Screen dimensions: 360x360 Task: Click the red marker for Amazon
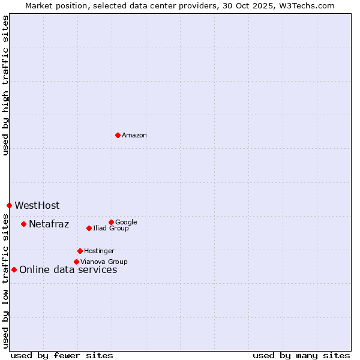click(x=118, y=135)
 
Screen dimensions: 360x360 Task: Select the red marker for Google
click(x=111, y=222)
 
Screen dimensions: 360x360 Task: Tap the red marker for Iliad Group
click(x=89, y=228)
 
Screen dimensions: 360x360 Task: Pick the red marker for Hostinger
click(x=80, y=251)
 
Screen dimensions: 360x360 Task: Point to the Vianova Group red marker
click(x=76, y=262)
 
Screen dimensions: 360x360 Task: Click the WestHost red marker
click(x=9, y=205)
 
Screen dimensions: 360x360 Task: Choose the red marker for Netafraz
click(x=23, y=224)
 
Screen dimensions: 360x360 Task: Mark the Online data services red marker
click(x=14, y=269)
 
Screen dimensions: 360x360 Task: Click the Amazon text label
click(x=134, y=136)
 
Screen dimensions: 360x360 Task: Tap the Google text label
click(x=126, y=223)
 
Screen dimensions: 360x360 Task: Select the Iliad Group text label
click(x=111, y=229)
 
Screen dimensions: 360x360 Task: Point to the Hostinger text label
click(x=99, y=251)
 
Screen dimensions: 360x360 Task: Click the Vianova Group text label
click(x=104, y=262)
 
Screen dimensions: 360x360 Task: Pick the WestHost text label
click(x=37, y=206)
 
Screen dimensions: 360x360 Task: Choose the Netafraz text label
click(x=49, y=224)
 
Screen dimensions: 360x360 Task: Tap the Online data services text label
click(x=68, y=270)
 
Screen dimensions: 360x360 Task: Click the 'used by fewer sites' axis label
click(x=62, y=355)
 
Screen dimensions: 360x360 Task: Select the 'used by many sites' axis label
click(x=301, y=355)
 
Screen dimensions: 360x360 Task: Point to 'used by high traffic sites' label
click(x=5, y=85)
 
